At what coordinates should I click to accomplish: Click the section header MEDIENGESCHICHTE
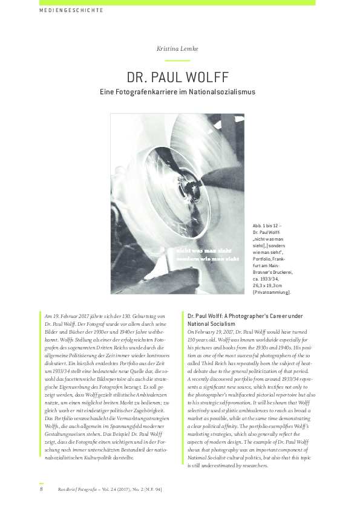[x=71, y=10]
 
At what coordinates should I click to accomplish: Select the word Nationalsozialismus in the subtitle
[x=221, y=92]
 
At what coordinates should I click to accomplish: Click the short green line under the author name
[x=177, y=60]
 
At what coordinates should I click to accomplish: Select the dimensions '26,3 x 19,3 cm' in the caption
[x=272, y=285]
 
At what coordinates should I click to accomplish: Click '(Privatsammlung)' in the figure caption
[x=272, y=292]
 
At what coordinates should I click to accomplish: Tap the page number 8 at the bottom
[x=41, y=489]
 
